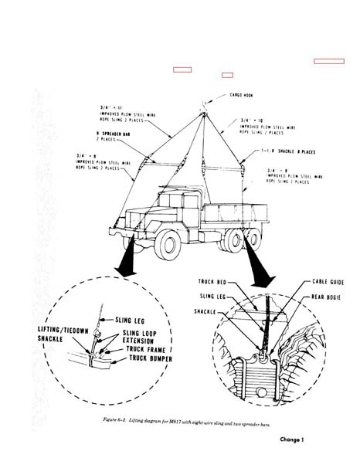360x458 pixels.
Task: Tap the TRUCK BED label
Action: pos(209,282)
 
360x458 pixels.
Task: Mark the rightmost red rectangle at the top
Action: pos(329,59)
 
